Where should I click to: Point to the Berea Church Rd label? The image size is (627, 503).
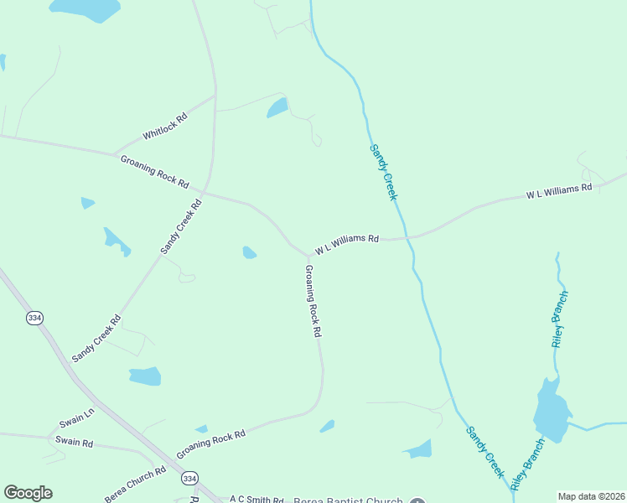135,485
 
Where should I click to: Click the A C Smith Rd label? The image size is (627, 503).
257,500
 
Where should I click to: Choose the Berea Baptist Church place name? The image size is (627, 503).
348,500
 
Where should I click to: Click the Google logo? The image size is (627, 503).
28,493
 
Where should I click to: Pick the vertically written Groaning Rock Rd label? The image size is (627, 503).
313,301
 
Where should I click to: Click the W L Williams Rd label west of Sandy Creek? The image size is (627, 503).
347,244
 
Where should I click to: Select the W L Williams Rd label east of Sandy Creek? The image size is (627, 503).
559,190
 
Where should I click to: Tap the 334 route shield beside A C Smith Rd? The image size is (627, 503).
190,478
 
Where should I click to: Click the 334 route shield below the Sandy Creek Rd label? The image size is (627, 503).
34,319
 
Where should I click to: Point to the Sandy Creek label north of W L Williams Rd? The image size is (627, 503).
382,172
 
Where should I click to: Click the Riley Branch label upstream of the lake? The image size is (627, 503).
560,319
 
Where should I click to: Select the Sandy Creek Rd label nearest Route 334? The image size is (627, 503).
96,338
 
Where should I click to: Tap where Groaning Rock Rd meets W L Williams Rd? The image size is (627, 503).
307,255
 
